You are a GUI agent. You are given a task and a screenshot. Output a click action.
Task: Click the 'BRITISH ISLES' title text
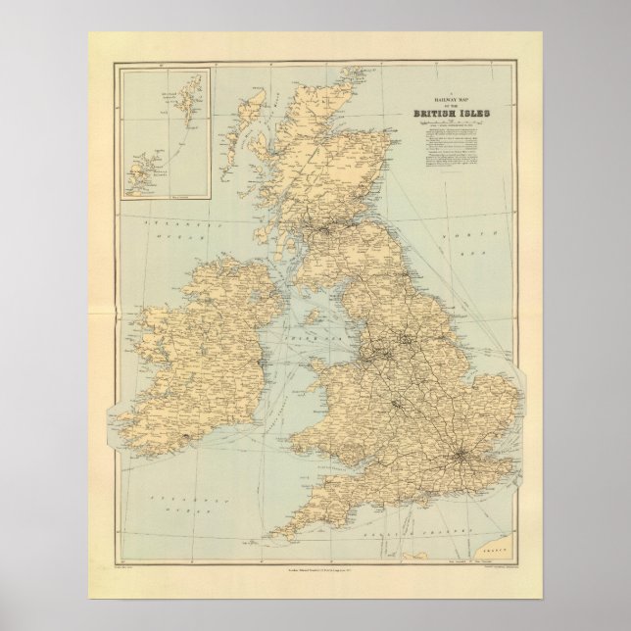pos(457,112)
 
